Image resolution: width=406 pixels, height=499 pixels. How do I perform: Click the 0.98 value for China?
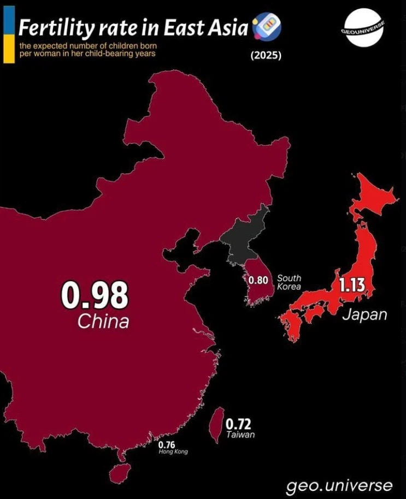coord(95,295)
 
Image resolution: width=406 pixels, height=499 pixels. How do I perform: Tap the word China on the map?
coord(103,322)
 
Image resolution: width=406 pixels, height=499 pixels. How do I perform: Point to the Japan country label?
coord(364,314)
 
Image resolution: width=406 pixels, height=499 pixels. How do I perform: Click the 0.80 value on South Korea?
coord(258,281)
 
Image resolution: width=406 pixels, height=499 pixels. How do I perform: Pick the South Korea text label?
coord(289,282)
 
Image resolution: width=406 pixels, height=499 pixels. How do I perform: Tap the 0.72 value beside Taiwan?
coord(239,424)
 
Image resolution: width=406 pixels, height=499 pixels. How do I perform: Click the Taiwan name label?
coord(240,435)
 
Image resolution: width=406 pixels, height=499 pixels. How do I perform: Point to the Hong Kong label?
coord(173,452)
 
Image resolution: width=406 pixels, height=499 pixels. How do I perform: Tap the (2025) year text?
coord(266,55)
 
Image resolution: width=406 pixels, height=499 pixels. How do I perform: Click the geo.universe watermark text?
coord(339,485)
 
